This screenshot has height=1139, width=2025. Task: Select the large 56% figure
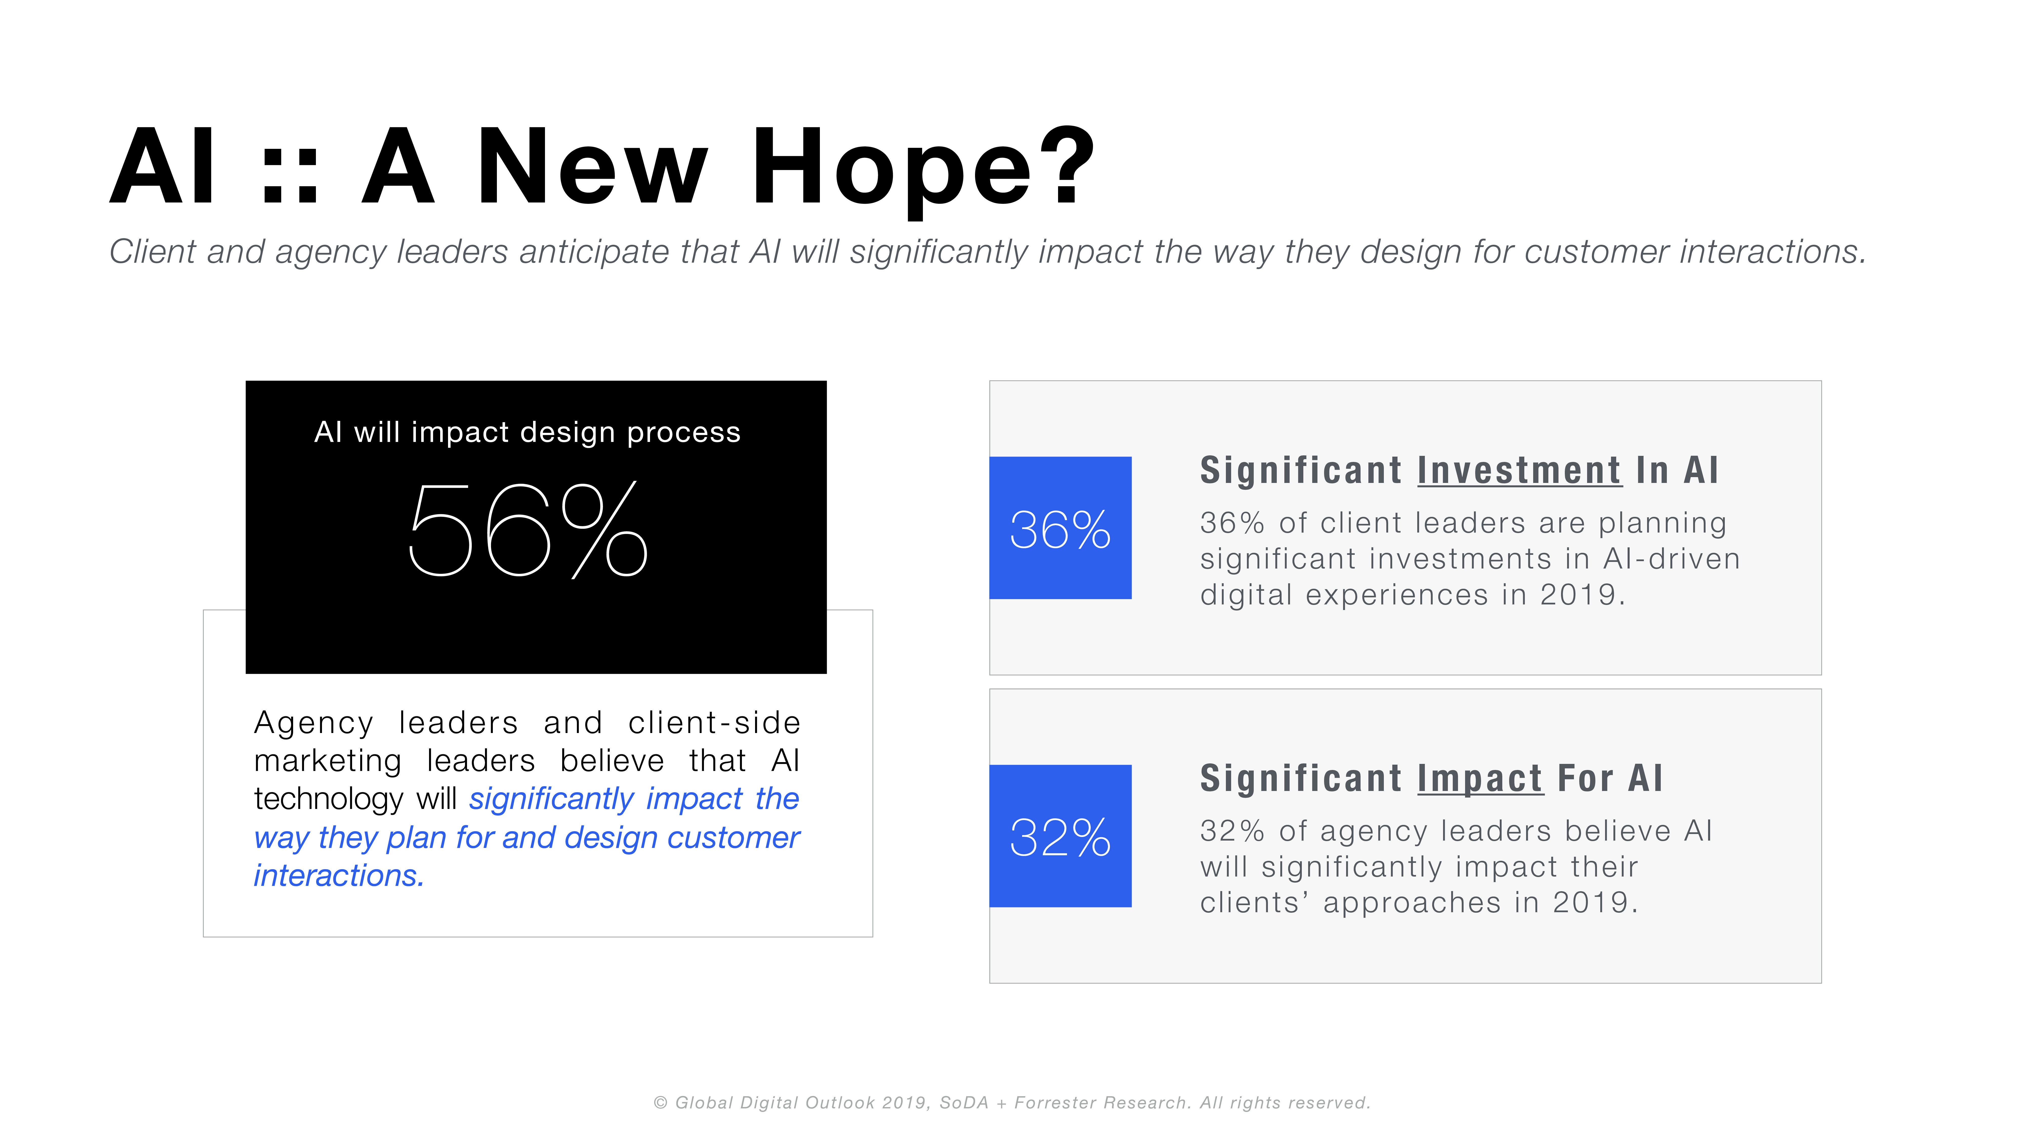(528, 529)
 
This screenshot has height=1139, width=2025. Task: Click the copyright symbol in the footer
(660, 1103)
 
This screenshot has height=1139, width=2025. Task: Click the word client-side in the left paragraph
(714, 722)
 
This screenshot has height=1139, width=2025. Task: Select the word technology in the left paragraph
(329, 799)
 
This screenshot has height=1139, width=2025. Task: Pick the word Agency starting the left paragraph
(314, 723)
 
